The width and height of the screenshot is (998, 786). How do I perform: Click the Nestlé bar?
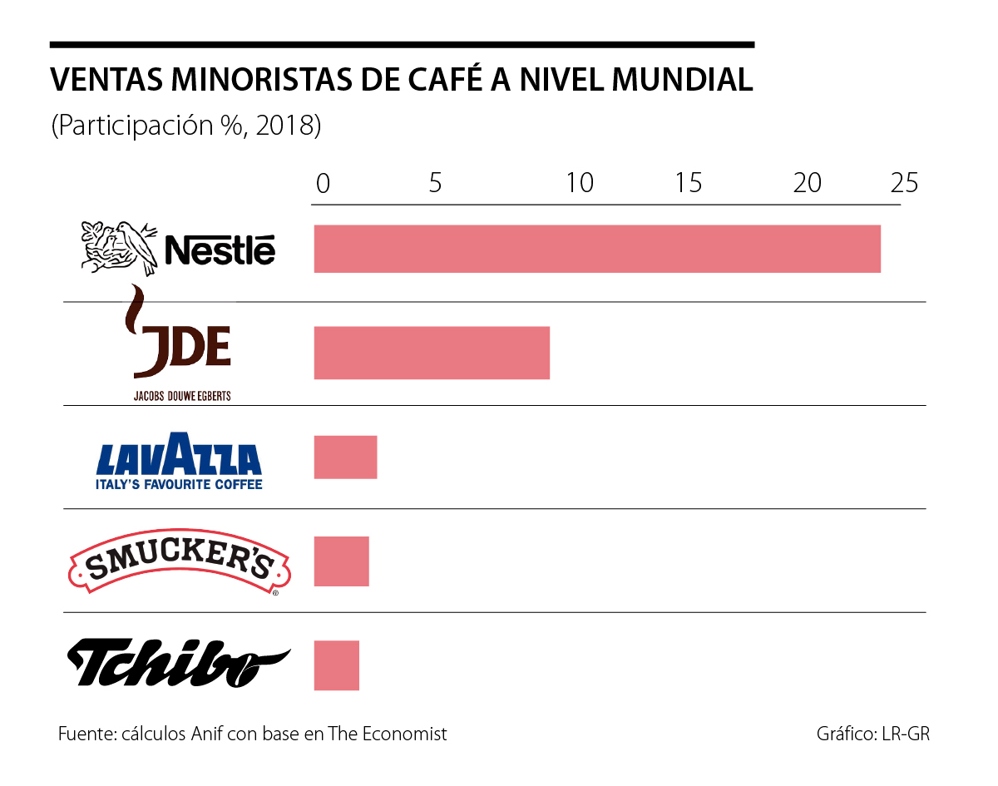pos(597,249)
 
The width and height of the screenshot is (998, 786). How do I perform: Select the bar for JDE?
pos(432,353)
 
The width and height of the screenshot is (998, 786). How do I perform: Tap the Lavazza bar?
pos(345,457)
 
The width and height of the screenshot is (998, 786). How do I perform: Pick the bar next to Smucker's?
pos(341,561)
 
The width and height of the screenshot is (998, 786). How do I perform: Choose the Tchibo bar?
pos(336,665)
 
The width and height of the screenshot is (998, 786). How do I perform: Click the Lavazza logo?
pos(179,460)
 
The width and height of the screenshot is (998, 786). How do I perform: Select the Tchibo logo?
pos(178,663)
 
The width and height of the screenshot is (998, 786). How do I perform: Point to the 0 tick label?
pos(323,183)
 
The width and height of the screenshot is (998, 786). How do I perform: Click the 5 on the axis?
pos(435,183)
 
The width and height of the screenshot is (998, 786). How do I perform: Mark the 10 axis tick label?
pos(579,183)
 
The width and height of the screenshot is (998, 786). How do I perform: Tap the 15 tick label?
pos(689,183)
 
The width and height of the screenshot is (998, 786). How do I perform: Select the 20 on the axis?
pos(807,183)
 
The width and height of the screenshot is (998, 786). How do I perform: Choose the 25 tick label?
pos(904,183)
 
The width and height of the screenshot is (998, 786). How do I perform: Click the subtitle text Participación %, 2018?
pos(186,126)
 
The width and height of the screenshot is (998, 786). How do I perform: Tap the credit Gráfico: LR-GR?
pos(873,734)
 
